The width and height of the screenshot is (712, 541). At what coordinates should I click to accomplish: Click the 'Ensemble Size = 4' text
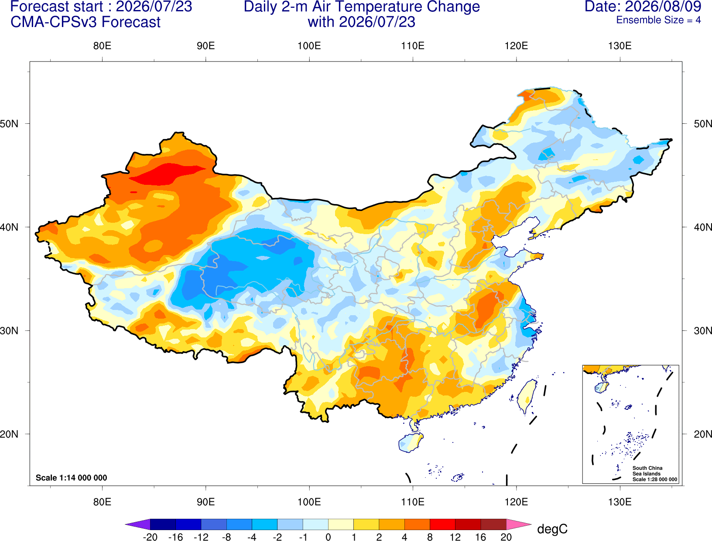(x=658, y=20)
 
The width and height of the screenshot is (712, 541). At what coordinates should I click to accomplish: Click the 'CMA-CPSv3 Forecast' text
(x=86, y=22)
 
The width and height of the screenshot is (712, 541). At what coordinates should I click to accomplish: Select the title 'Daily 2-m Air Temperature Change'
(x=362, y=7)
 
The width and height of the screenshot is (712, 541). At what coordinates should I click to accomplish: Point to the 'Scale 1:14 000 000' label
(x=72, y=477)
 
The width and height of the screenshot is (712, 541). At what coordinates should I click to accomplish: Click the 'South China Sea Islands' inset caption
(x=647, y=471)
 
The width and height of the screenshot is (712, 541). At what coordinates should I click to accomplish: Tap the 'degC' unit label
(x=552, y=529)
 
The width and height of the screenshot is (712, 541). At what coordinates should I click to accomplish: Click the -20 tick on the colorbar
(x=150, y=537)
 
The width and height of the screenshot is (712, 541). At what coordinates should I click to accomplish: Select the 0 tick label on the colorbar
(x=328, y=537)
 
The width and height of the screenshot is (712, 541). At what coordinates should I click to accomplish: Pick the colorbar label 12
(x=455, y=537)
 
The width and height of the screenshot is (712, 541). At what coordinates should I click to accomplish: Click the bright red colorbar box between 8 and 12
(x=442, y=524)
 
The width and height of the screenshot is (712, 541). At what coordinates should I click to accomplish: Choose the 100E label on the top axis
(x=309, y=46)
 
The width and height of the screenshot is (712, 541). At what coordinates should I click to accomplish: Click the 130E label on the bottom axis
(x=620, y=502)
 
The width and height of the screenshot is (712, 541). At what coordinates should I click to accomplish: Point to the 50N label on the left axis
(x=9, y=124)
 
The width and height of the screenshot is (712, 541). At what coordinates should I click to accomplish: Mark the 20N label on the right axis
(x=703, y=434)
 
